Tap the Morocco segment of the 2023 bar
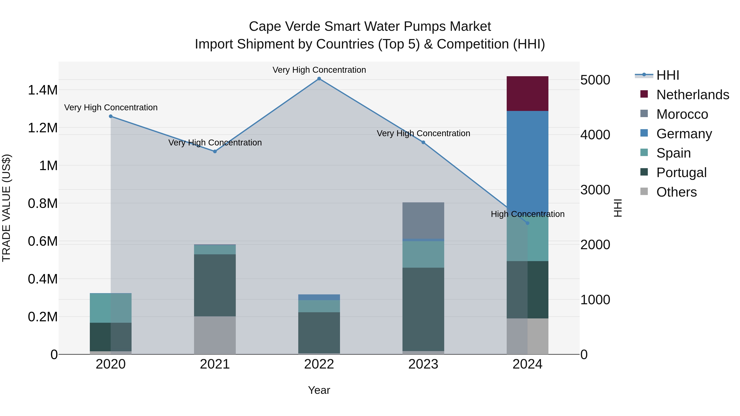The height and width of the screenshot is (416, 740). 423,220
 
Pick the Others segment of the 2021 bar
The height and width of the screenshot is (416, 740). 215,335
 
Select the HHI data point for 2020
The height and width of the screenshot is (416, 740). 111,116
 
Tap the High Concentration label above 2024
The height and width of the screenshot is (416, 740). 527,214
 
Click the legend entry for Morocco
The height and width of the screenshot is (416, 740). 682,114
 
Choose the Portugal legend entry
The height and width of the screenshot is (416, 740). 681,173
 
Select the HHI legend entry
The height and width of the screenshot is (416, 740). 668,75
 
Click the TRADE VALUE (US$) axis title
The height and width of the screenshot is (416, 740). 7,208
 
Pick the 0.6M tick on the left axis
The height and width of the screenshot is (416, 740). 43,241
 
